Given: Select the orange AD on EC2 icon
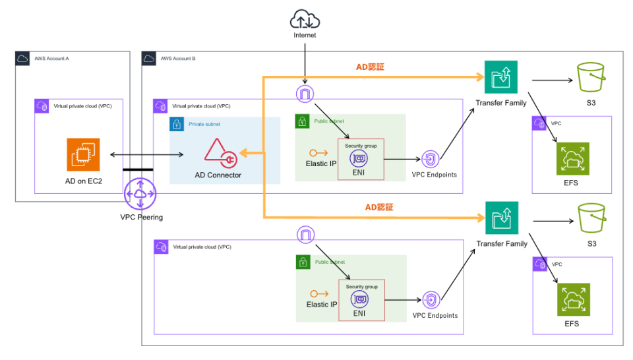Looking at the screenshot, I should [82, 154].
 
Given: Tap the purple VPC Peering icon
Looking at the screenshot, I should [140, 194].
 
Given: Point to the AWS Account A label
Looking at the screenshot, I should [52, 59].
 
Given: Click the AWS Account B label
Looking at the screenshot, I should [178, 59].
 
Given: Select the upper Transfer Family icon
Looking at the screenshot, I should [501, 78].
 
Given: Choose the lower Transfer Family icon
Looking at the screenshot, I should [501, 218].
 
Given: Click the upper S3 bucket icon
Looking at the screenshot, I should [591, 78].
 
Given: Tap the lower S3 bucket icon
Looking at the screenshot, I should [591, 218].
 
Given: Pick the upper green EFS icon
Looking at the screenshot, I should [572, 158].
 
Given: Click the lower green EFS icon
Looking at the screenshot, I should [572, 299].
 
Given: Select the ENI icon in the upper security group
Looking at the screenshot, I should [360, 158].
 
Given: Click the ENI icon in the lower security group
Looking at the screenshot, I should [360, 299].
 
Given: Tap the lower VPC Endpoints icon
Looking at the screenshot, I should [431, 299].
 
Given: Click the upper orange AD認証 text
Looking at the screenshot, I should [370, 67].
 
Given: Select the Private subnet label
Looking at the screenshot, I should [205, 123].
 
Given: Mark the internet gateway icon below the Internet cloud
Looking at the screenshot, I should [305, 94].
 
